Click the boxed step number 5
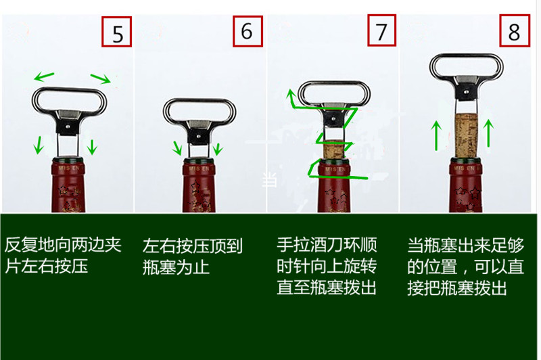pyautogui.click(x=118, y=32)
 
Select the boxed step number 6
pyautogui.click(x=248, y=32)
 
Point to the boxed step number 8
pyautogui.click(x=515, y=32)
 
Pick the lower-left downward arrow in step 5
pyautogui.click(x=39, y=143)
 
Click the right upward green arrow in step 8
pyautogui.click(x=489, y=131)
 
